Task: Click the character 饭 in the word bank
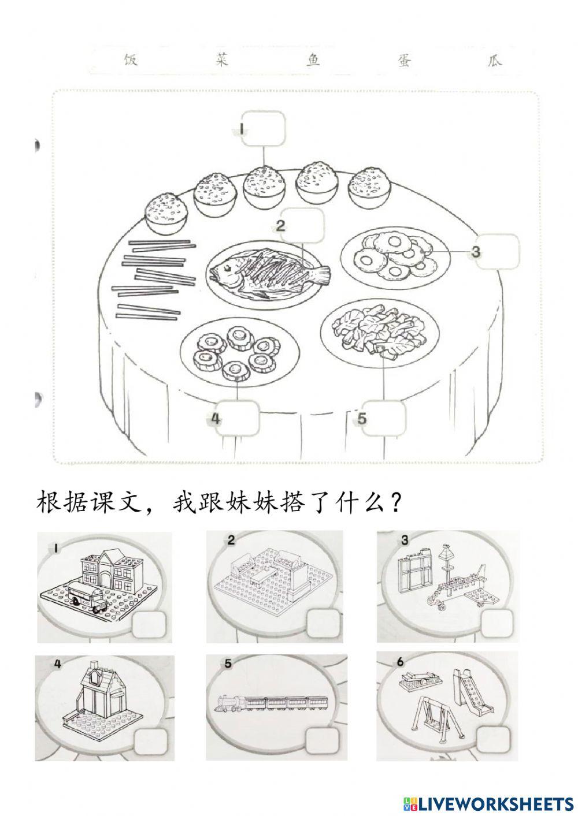tap(131, 60)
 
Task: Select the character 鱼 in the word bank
tap(313, 60)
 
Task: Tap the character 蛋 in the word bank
tap(403, 60)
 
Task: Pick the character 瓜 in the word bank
tap(494, 60)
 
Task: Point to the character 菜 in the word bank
tap(221, 60)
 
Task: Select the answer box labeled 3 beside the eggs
tap(496, 252)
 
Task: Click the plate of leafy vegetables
tap(376, 329)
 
